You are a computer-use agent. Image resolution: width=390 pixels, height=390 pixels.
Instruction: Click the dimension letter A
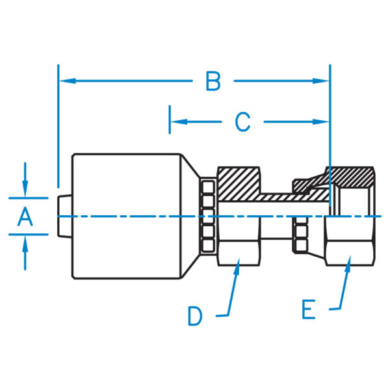click(x=25, y=216)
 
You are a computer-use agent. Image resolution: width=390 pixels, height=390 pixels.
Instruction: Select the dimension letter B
click(x=213, y=82)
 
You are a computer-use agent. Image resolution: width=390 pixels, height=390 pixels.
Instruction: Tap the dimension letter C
click(x=242, y=122)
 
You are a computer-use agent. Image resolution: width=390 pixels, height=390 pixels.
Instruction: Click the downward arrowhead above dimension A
click(x=25, y=190)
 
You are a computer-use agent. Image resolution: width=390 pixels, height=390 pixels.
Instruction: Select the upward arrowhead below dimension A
click(x=25, y=242)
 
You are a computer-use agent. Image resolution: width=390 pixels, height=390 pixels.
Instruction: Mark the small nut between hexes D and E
click(x=301, y=235)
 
